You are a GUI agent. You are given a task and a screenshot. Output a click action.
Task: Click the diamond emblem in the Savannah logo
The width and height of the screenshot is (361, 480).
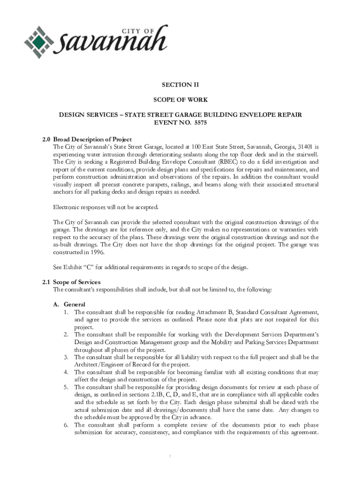40,42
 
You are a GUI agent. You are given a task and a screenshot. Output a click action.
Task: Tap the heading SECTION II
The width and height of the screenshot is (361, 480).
180,85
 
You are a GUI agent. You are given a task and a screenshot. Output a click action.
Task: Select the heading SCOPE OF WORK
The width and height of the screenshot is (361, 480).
180,100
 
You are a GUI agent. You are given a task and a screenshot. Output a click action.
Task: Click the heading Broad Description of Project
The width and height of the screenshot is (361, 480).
92,139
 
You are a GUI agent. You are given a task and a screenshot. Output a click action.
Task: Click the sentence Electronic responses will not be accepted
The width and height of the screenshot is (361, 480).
106,207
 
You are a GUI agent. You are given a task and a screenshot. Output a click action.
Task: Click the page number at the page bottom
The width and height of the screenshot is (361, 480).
180,456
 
